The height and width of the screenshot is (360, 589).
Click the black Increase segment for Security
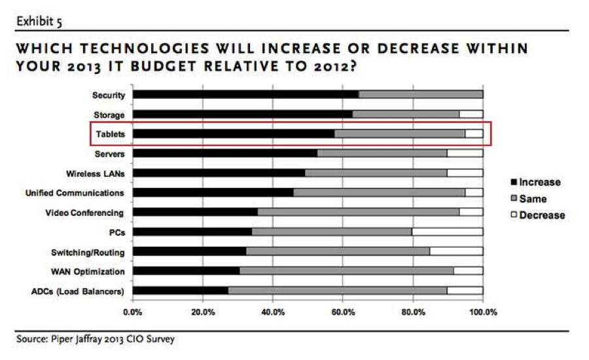click(x=245, y=95)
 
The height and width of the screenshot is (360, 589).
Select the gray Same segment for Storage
click(x=406, y=115)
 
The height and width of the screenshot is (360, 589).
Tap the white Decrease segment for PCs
click(x=447, y=232)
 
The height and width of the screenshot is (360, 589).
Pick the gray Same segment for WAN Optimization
click(x=346, y=271)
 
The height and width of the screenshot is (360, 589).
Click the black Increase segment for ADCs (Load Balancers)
click(x=180, y=291)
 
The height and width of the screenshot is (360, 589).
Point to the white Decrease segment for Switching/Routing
click(x=456, y=251)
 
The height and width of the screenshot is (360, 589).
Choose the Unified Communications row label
click(x=74, y=193)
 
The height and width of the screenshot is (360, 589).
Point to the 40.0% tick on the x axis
click(x=273, y=312)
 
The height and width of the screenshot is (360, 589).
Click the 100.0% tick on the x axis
click(x=483, y=312)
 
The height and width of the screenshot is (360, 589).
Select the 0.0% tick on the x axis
click(x=133, y=312)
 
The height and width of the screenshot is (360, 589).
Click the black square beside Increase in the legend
click(x=513, y=183)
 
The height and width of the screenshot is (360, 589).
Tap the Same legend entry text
click(x=533, y=198)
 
